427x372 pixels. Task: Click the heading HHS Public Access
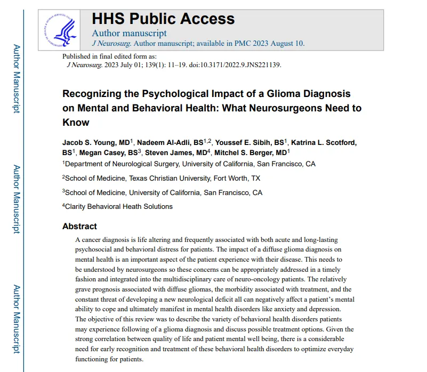click(x=163, y=19)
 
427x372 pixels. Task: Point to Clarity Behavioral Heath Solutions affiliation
click(x=119, y=206)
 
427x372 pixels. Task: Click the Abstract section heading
click(x=79, y=226)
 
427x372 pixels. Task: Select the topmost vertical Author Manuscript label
click(x=17, y=78)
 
